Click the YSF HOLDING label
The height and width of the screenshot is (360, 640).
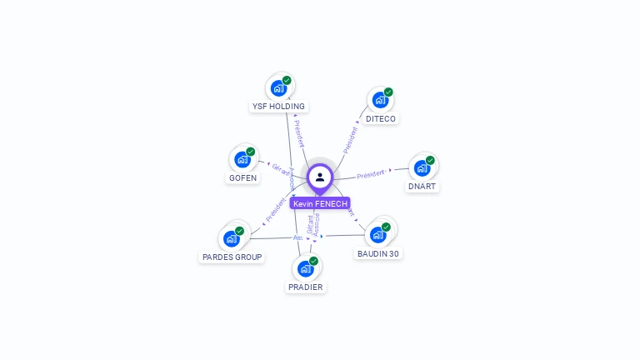coord(279,107)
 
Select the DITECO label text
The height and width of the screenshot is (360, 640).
coord(381,119)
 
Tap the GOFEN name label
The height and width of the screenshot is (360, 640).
coord(242,178)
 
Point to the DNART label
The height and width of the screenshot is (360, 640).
coord(422,187)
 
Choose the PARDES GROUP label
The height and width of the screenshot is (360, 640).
coord(232,257)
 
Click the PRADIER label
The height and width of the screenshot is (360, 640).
coord(305,287)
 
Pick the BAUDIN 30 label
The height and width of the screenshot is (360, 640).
coord(378,253)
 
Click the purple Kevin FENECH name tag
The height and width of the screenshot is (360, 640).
coord(320,203)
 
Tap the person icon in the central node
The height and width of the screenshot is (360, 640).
coord(320,177)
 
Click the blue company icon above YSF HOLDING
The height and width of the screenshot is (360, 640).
coord(278,88)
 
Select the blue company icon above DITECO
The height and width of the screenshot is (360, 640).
coord(380,100)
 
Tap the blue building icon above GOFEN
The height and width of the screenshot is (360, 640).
coord(242,159)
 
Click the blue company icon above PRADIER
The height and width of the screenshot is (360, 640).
coord(305,268)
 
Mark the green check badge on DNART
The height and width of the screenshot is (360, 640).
coord(430,160)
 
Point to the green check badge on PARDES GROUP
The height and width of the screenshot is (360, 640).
coord(239,231)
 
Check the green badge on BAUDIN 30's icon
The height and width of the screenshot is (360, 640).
coord(386,227)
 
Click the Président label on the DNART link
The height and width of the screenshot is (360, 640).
coord(371,174)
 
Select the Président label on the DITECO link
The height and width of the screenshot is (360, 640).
coord(350,139)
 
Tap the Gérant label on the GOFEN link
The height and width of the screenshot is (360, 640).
coord(281,168)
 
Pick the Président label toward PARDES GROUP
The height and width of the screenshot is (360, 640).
coord(276,209)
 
